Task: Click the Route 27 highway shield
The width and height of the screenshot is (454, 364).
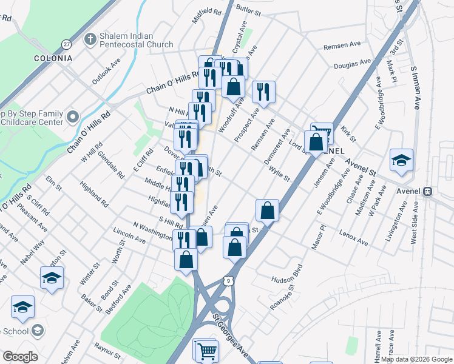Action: pos(66,44)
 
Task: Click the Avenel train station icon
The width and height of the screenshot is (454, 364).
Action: pos(428,191)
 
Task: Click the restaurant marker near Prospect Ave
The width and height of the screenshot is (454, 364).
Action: pos(263,92)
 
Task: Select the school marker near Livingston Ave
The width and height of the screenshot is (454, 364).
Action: pos(401,160)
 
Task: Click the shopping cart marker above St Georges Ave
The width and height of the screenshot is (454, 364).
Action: pos(205,350)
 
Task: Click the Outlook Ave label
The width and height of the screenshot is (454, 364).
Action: pos(106,70)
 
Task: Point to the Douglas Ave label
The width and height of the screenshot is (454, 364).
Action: pos(352,62)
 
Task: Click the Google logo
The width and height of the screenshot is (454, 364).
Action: pos(19,357)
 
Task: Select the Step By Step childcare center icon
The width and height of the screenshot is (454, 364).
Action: pos(73,116)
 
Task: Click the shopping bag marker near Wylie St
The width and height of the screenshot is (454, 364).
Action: pos(267,211)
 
